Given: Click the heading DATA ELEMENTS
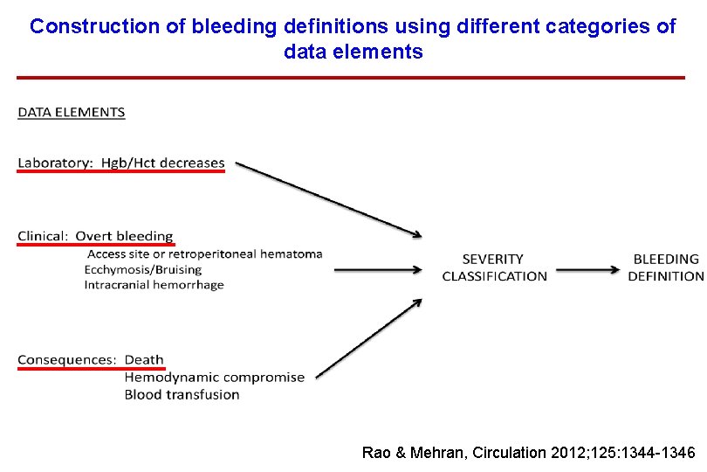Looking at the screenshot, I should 71,112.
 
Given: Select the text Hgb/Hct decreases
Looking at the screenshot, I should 162,163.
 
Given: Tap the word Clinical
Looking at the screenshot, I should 42,236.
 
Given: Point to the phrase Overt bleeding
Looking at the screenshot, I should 124,236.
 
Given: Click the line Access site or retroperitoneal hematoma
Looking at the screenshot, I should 204,254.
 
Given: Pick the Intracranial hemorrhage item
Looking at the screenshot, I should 154,285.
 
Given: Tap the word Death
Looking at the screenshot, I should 144,360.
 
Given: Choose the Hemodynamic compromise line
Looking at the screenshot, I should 214,378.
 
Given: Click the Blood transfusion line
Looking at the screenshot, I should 182,394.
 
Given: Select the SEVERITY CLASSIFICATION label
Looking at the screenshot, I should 494,267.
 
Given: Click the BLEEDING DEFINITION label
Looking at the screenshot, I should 666,267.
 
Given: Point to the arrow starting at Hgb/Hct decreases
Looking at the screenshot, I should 330,198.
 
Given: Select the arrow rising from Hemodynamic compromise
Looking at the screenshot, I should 368,339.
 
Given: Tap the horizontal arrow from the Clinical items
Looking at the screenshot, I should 378,270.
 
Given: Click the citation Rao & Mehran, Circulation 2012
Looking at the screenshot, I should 528,453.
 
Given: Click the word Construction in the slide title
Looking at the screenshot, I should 95,26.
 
